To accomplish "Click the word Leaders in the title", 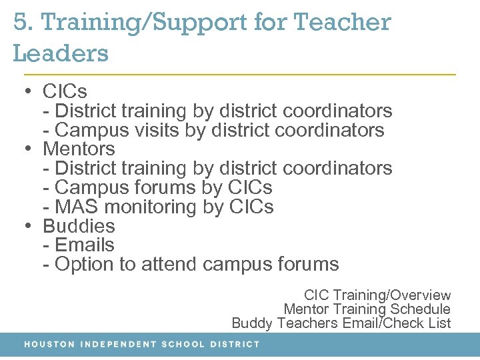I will (x=61, y=53).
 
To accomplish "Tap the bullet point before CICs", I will (x=27, y=91).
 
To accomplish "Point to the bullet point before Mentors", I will (x=27, y=149).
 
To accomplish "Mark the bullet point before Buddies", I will (x=27, y=226).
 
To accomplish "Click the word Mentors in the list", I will (x=79, y=149).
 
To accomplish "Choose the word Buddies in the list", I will (x=79, y=226).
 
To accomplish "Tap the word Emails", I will (x=85, y=245).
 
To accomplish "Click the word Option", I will (x=85, y=265).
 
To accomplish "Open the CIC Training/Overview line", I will (x=377, y=295).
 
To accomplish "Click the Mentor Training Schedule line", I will (x=367, y=309).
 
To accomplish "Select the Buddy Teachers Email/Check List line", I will (x=341, y=323).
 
